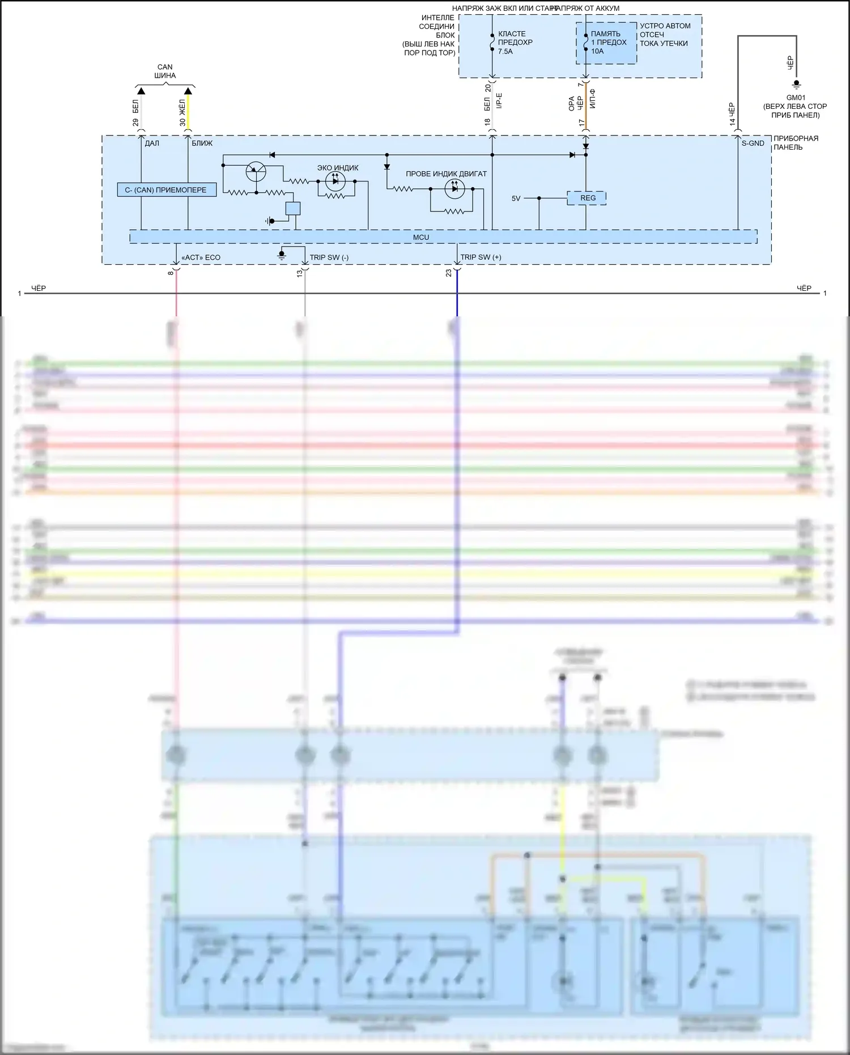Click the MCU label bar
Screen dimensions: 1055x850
click(x=420, y=237)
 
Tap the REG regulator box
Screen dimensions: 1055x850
click(x=587, y=198)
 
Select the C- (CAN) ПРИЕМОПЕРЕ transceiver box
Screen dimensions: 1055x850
click(x=166, y=190)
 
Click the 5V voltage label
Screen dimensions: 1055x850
click(x=516, y=198)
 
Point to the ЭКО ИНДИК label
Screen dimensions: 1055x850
click(x=338, y=168)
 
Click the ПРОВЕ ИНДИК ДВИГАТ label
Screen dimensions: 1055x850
click(x=446, y=174)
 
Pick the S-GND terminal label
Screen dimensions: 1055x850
click(x=753, y=143)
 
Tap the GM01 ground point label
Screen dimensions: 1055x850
click(x=796, y=98)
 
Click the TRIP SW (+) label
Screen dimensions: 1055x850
click(x=481, y=257)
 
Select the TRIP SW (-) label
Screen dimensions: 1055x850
click(x=329, y=257)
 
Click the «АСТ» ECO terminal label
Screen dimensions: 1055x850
click(x=201, y=257)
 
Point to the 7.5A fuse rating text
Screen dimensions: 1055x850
click(x=505, y=52)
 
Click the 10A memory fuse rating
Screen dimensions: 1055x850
click(x=597, y=51)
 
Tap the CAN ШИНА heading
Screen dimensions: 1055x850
click(x=165, y=71)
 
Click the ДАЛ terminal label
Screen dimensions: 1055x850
click(x=152, y=143)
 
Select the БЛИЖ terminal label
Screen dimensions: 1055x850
click(x=202, y=143)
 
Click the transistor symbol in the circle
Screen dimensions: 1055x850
click(x=256, y=171)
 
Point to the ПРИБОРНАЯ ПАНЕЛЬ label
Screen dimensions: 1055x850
click(x=796, y=142)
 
